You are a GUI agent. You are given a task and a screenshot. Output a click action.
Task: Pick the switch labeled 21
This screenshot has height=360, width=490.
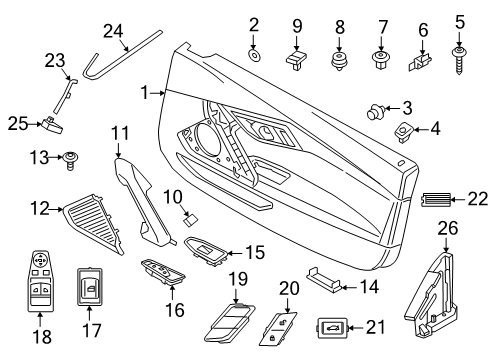329,326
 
